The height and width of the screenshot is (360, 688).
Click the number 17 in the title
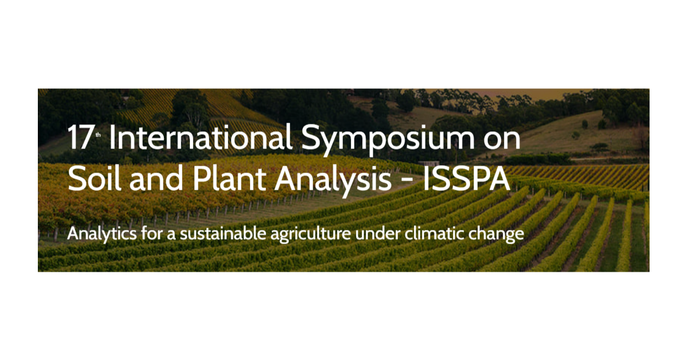tap(80, 138)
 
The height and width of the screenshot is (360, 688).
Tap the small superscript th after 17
tap(98, 135)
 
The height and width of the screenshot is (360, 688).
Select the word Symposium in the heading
tap(388, 140)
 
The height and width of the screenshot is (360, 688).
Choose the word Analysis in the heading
tap(333, 181)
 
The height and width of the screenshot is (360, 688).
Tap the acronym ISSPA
tap(467, 178)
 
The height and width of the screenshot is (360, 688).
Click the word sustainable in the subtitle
tap(223, 233)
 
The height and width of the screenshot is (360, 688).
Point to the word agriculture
tap(311, 234)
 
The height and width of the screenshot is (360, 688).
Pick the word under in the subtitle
tap(378, 234)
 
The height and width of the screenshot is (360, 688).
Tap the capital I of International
tap(112, 138)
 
